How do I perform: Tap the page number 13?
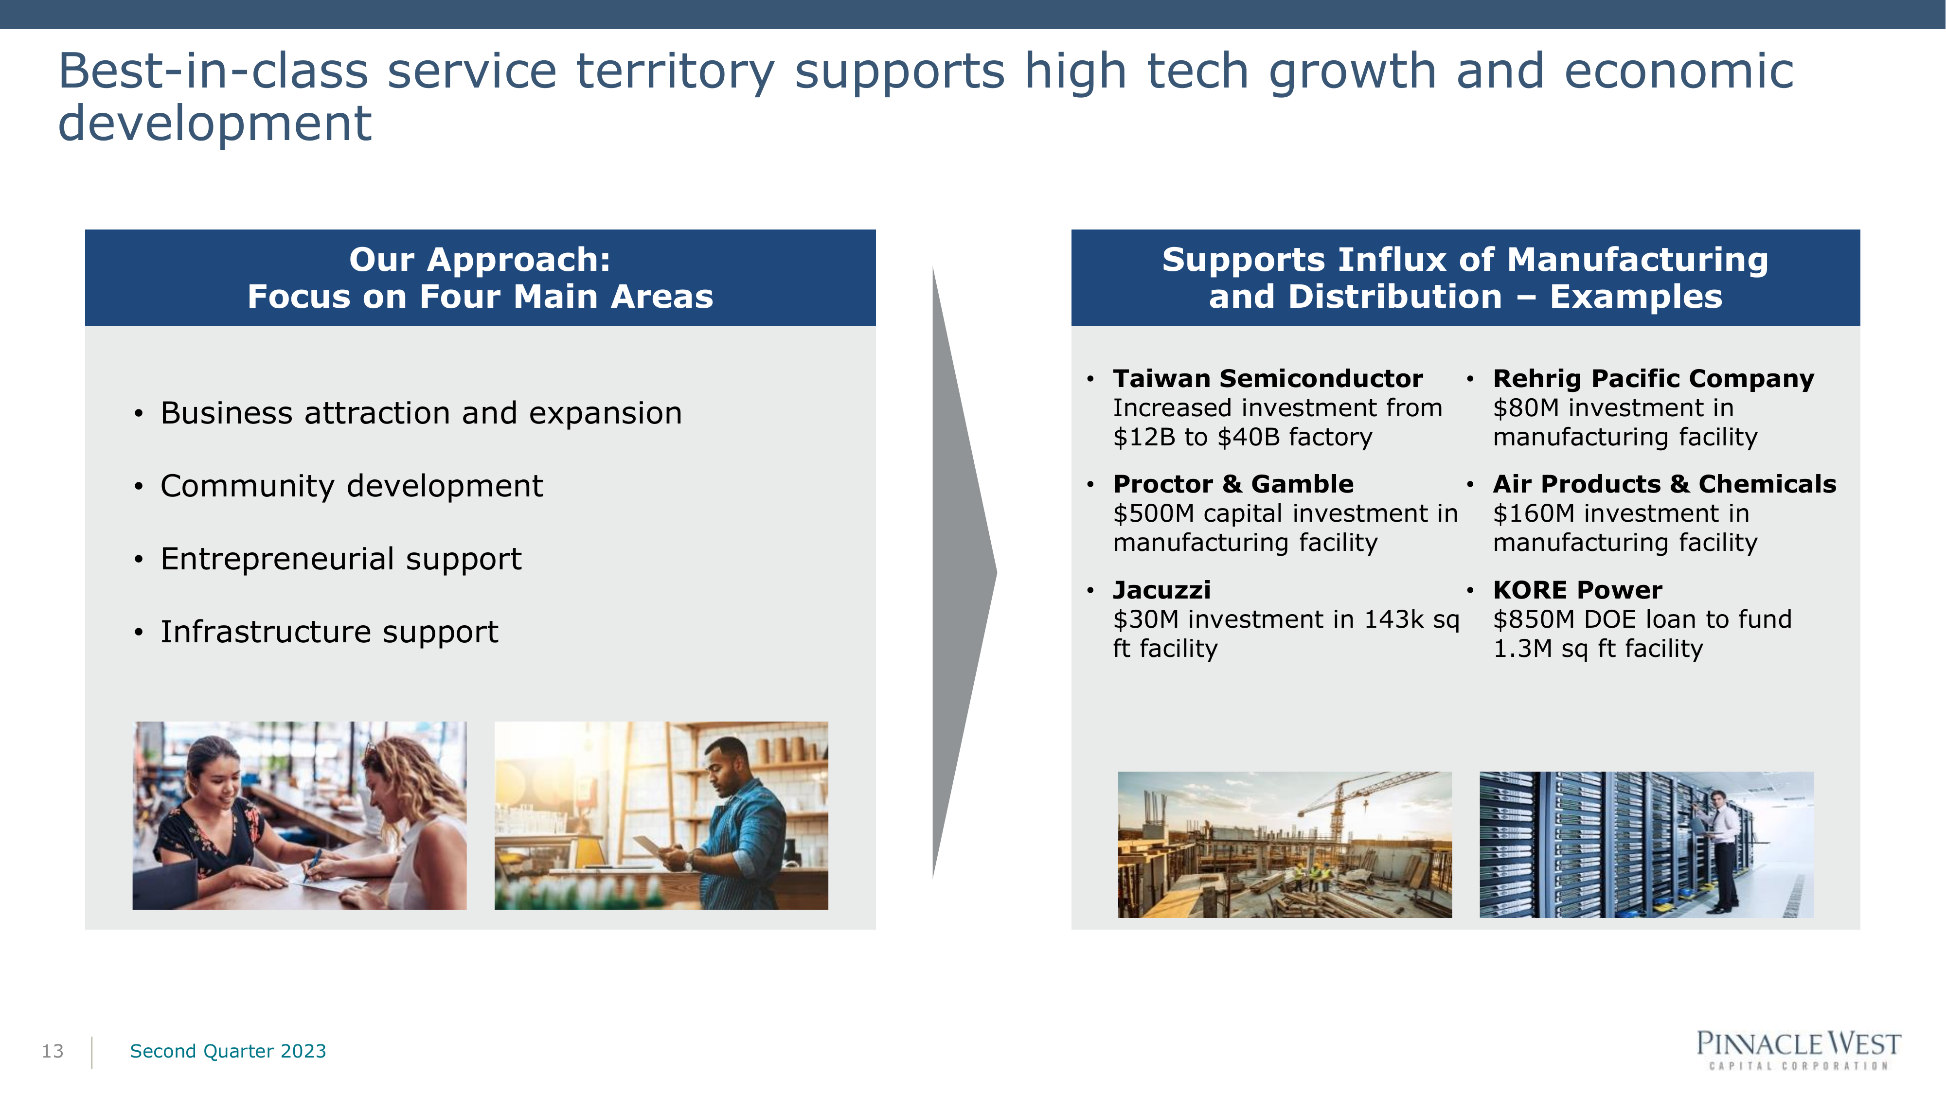(53, 1051)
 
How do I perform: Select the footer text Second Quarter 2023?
(228, 1051)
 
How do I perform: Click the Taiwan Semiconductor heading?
(1268, 378)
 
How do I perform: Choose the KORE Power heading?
(1577, 590)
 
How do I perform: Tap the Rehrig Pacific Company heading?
(1654, 378)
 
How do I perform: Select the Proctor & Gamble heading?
(1233, 484)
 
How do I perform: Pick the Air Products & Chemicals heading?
(1665, 484)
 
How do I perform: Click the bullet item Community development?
(351, 485)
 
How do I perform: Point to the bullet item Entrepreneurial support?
(340, 559)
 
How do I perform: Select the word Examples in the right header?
(1636, 297)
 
